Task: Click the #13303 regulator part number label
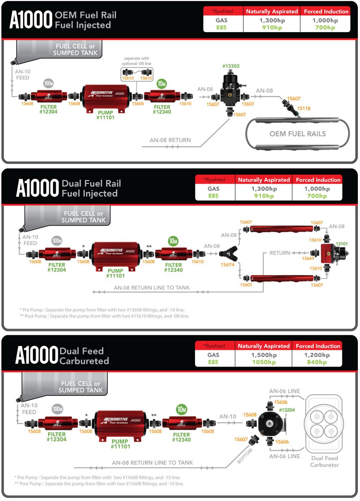(231, 66)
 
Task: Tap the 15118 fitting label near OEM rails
(304, 108)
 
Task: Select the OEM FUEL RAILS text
(298, 134)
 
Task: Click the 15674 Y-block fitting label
(227, 265)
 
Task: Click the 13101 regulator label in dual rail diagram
(342, 244)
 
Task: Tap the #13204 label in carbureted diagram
(287, 410)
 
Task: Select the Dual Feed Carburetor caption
(324, 461)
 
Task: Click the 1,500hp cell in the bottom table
(264, 355)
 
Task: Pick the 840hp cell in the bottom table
(317, 362)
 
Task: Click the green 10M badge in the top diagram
(162, 84)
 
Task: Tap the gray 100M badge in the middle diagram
(56, 241)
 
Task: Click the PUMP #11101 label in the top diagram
(105, 115)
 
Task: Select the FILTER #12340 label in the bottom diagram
(181, 437)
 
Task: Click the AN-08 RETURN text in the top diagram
(170, 140)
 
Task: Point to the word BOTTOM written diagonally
(245, 456)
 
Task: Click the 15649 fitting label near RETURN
(308, 259)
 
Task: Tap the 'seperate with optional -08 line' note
(137, 61)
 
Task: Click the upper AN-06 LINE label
(284, 391)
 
